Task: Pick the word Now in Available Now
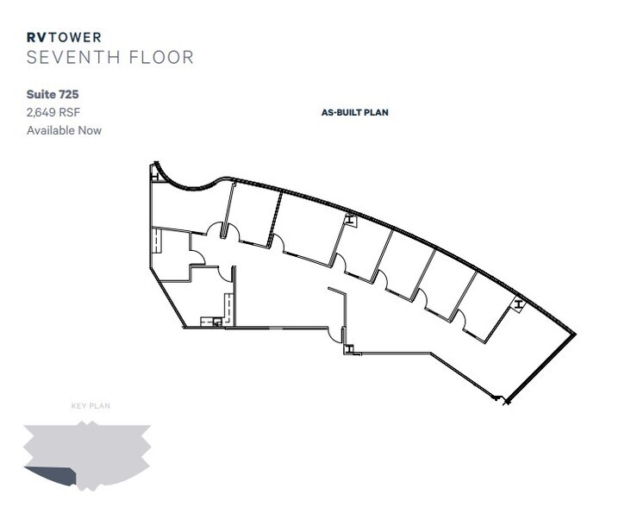91,130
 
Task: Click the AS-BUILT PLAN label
354,112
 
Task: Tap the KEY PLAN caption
91,405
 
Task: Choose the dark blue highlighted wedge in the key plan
58,476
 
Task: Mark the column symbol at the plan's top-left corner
153,170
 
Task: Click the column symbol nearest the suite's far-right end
517,304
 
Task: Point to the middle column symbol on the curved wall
349,221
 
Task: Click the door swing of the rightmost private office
461,318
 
